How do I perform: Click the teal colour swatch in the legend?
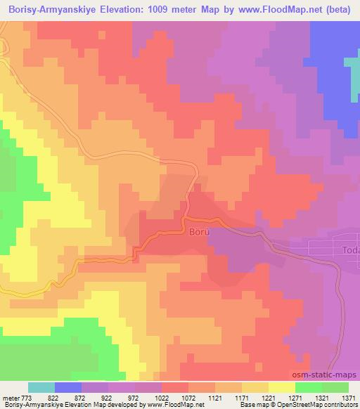(x=41, y=387)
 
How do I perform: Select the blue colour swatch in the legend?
(x=68, y=387)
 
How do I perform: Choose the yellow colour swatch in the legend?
(x=282, y=387)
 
